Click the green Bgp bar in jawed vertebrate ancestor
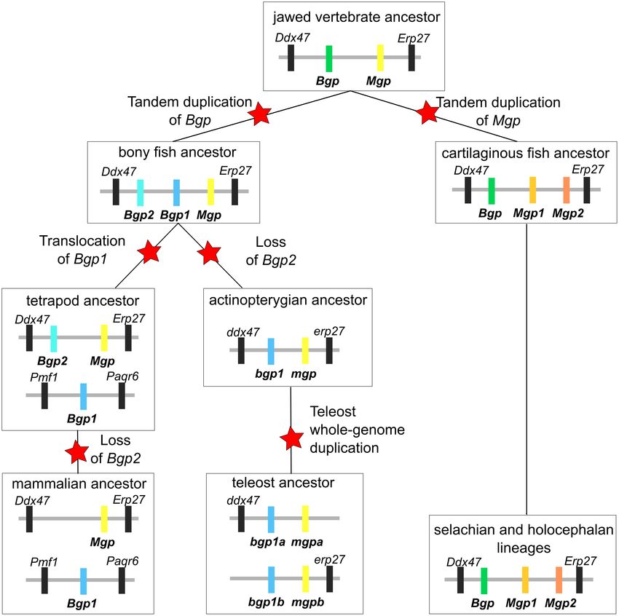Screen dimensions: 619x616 pyautogui.click(x=329, y=59)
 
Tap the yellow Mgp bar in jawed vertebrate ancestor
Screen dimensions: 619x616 pyautogui.click(x=380, y=58)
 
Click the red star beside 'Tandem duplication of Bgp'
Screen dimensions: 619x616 pyautogui.click(x=259, y=114)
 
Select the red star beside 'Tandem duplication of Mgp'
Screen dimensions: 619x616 pyautogui.click(x=427, y=112)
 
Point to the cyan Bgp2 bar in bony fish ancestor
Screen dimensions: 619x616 pyautogui.click(x=140, y=192)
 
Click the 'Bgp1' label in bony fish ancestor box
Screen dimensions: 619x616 pyautogui.click(x=175, y=215)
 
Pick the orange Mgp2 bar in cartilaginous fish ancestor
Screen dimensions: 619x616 pyautogui.click(x=566, y=190)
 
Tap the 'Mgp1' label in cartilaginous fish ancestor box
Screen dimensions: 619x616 pyautogui.click(x=529, y=213)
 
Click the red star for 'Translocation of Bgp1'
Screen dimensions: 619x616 pyautogui.click(x=149, y=251)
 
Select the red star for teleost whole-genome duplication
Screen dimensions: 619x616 pyautogui.click(x=292, y=438)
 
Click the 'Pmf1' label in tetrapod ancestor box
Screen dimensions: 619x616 pyautogui.click(x=44, y=377)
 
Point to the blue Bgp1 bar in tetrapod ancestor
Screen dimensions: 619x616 pyautogui.click(x=83, y=396)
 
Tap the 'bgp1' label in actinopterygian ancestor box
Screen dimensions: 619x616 pyautogui.click(x=269, y=374)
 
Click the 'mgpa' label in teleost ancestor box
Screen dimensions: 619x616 pyautogui.click(x=307, y=542)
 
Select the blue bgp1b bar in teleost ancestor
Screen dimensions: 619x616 pyautogui.click(x=271, y=580)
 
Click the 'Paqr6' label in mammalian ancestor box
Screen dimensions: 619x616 pyautogui.click(x=122, y=561)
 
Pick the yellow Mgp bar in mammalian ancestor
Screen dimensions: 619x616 pyautogui.click(x=104, y=519)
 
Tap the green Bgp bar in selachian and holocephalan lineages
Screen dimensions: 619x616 pyautogui.click(x=484, y=580)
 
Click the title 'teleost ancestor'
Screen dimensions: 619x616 pyautogui.click(x=283, y=483)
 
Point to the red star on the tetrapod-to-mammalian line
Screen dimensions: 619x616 pyautogui.click(x=76, y=452)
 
